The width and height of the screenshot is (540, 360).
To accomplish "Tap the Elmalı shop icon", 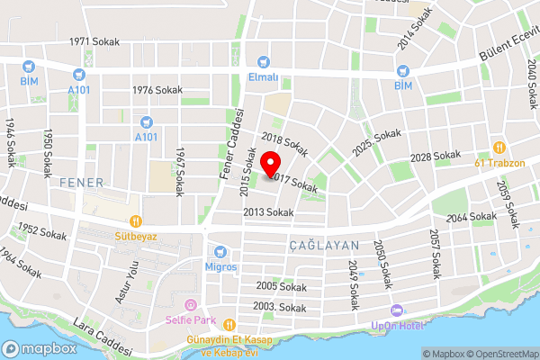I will pyautogui.click(x=263, y=62).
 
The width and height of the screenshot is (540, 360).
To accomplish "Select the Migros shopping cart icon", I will pyautogui.click(x=220, y=252).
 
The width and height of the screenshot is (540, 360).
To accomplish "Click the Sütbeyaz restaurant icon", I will pyautogui.click(x=135, y=220).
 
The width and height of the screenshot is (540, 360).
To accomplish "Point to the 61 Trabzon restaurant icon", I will pyautogui.click(x=496, y=148).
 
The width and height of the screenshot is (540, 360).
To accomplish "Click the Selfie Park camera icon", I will pyautogui.click(x=189, y=307).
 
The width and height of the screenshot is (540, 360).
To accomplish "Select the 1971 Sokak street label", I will pyautogui.click(x=94, y=42).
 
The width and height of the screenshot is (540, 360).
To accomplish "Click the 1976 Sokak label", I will pyautogui.click(x=157, y=90).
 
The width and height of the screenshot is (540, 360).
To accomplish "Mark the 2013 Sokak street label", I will pyautogui.click(x=268, y=212).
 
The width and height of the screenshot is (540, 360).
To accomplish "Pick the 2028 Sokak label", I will pyautogui.click(x=435, y=157).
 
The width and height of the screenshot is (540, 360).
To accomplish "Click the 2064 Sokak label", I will pyautogui.click(x=471, y=217).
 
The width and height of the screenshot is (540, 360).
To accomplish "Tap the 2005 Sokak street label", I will pyautogui.click(x=281, y=287).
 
